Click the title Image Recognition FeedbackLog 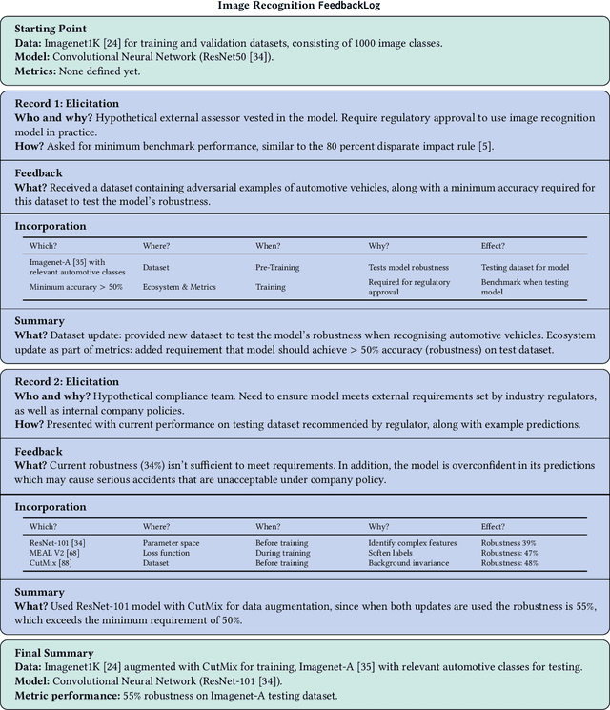(x=305, y=6)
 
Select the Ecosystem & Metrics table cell (x=179, y=287)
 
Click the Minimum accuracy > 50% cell (x=76, y=287)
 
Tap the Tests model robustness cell (x=409, y=268)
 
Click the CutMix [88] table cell (x=50, y=563)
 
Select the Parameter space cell (x=172, y=541)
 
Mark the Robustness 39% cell (x=509, y=541)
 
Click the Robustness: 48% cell (x=510, y=563)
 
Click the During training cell (x=283, y=553)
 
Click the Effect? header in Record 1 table (x=493, y=245)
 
